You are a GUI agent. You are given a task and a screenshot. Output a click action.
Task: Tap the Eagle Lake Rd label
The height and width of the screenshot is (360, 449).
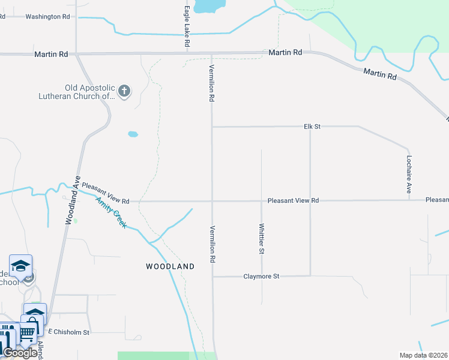point(187,28)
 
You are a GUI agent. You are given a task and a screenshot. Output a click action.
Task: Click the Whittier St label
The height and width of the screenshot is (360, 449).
point(261,239)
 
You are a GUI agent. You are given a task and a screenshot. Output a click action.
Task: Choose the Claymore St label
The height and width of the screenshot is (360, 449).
point(261,277)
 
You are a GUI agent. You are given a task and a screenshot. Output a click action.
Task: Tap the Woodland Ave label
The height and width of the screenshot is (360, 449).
point(70,200)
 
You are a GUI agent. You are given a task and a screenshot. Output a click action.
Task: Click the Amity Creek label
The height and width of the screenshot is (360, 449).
point(112,212)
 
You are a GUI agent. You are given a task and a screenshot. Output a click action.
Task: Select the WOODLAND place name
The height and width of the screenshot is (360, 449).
point(170,266)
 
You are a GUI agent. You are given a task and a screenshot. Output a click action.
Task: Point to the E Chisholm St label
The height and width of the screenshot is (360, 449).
point(68,332)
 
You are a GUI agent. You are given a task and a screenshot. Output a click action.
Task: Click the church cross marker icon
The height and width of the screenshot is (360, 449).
point(124,91)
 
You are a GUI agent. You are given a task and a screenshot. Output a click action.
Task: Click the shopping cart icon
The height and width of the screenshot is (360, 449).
point(26,331)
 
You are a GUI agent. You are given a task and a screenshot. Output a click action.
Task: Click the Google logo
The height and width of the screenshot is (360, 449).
point(20,353)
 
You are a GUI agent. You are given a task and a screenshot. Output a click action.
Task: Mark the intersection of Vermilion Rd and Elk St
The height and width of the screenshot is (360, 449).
point(212,127)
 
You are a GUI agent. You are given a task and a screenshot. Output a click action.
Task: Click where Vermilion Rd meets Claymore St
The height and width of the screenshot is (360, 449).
point(212,277)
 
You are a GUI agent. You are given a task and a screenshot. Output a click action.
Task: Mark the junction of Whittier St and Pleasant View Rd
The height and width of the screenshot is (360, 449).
point(261,201)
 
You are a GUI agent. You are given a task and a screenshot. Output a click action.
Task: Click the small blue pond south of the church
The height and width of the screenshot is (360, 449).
point(133,134)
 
